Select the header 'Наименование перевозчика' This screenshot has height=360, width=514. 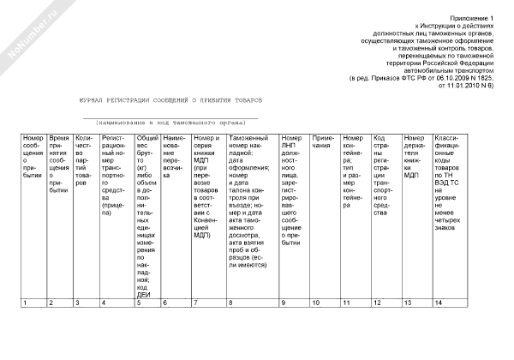175,150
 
